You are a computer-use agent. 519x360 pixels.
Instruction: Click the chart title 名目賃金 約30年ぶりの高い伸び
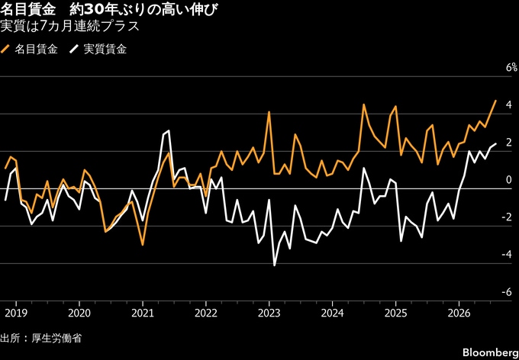[109, 11]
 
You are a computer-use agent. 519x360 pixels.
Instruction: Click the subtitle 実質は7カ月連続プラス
[69, 27]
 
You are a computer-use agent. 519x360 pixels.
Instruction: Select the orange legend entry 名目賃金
[30, 50]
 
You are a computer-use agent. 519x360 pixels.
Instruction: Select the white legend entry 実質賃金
[98, 50]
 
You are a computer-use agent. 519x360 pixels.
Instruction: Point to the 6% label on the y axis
[511, 68]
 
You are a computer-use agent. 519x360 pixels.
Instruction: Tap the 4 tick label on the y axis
[509, 105]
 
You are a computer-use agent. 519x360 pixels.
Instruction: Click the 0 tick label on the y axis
[509, 180]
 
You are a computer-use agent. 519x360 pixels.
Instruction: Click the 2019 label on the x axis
[16, 313]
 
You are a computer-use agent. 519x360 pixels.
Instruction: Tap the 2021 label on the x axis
[142, 313]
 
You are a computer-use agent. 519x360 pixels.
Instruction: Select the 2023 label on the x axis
[269, 313]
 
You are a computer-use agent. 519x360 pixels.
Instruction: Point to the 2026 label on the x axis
[459, 313]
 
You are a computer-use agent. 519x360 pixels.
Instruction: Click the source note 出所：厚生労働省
[40, 338]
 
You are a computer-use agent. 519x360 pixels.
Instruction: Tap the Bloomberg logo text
[491, 351]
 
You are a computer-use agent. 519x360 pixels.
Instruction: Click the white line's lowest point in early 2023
[275, 265]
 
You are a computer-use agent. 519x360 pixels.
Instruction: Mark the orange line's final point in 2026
[495, 100]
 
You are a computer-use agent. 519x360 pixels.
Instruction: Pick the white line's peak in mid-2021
[169, 130]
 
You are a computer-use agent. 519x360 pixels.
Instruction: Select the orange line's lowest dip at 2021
[142, 245]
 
